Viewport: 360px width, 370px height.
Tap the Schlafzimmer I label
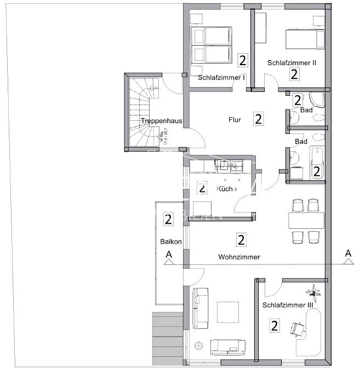click(x=221, y=77)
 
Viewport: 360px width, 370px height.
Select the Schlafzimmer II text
click(x=292, y=62)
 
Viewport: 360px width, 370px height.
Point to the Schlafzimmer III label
click(x=288, y=305)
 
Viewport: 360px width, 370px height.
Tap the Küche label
click(x=227, y=189)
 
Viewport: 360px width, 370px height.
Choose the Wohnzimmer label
click(x=239, y=257)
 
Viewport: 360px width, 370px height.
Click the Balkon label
click(x=168, y=241)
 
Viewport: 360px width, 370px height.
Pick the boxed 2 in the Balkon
click(x=168, y=220)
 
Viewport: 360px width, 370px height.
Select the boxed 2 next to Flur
click(x=258, y=118)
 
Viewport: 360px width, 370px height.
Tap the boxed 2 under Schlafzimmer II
click(x=294, y=74)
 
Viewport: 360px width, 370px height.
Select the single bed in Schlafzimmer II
click(x=304, y=38)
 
